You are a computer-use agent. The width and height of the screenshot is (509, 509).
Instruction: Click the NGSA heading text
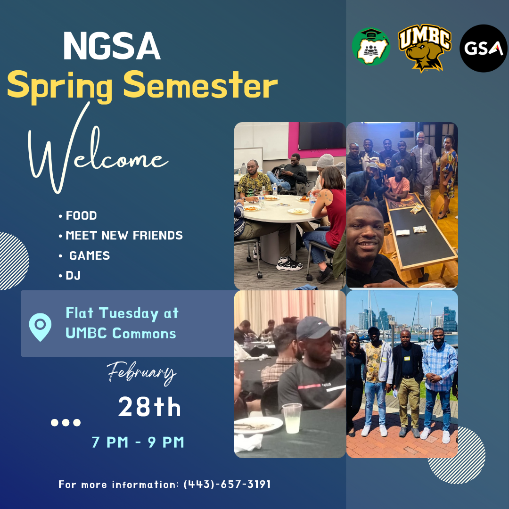[x=112, y=46]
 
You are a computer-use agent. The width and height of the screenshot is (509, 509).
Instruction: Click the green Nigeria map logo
[x=371, y=46]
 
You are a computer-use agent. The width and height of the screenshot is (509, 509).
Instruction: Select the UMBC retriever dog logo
[x=425, y=48]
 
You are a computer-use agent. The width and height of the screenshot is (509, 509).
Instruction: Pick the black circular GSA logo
[x=484, y=49]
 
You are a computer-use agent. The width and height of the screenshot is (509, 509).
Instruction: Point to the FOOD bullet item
[x=78, y=215]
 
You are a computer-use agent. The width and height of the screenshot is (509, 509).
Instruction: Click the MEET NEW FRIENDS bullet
[x=121, y=235]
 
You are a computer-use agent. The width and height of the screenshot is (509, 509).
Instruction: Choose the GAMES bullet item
[x=85, y=256]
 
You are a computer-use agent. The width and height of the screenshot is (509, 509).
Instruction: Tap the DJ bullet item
[x=70, y=276]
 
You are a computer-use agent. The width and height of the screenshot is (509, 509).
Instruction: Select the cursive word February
[x=142, y=373]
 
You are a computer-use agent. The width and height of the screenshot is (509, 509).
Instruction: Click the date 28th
[x=149, y=407]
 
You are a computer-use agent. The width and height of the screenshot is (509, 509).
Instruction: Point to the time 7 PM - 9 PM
[x=138, y=443]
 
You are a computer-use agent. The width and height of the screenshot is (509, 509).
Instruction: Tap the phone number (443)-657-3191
[x=227, y=484]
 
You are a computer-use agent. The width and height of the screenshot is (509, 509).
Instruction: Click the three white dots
[x=66, y=422]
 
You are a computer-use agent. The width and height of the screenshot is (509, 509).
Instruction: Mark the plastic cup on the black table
[x=292, y=418]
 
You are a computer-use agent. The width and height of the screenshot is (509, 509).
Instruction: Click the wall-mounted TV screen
[x=322, y=136]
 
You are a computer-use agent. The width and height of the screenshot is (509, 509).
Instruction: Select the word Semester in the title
[x=200, y=85]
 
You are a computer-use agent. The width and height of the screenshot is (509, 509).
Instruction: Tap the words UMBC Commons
[x=121, y=333]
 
